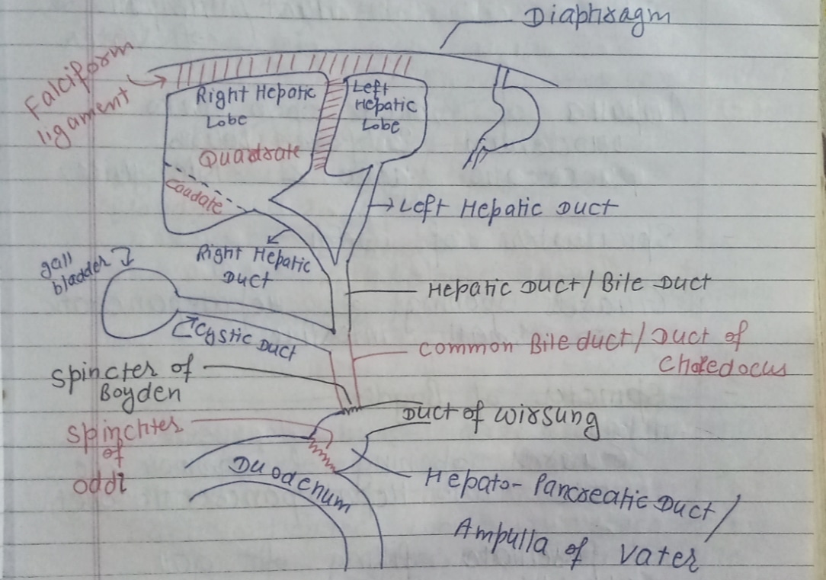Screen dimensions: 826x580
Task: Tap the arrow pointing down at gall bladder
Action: tap(127, 260)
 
